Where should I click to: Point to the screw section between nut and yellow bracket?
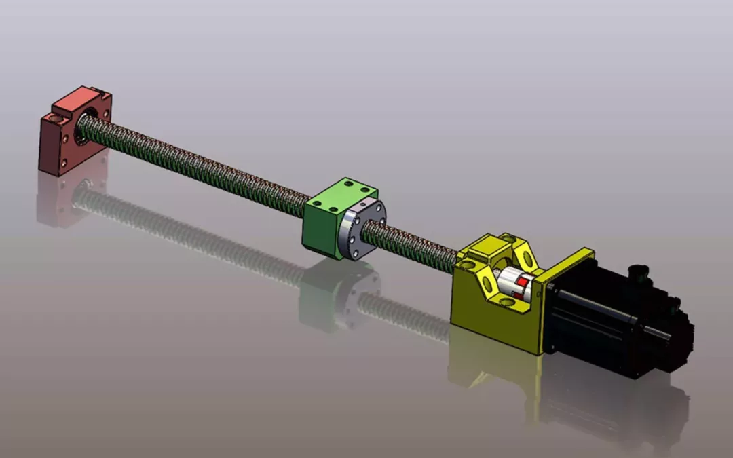[414, 246]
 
